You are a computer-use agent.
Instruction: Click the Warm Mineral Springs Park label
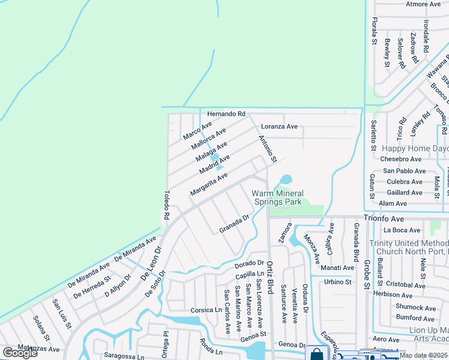pos(277,197)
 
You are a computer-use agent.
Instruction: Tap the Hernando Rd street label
pos(226,113)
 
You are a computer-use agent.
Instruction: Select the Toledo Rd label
pos(167,205)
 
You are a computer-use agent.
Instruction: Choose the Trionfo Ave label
pos(384,219)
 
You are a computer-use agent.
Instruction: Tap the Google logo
pos(20,353)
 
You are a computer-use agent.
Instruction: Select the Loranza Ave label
pos(279,127)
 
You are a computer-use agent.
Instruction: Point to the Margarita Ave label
pos(209,184)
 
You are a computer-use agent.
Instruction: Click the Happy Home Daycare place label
pos(415,148)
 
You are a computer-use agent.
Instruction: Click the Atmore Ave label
pos(423,4)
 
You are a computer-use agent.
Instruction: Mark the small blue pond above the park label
pos(285,179)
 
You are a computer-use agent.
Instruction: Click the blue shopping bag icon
pos(316,353)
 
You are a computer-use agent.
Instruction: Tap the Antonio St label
pos(267,149)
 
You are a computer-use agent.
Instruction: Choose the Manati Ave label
pos(337,268)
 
